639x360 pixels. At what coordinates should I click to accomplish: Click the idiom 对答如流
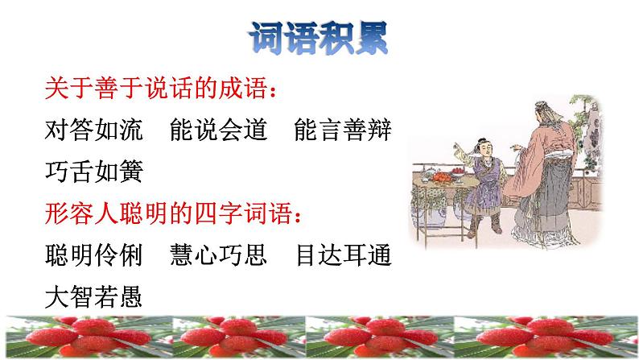coord(93,130)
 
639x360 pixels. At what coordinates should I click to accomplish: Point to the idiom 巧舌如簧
coord(93,173)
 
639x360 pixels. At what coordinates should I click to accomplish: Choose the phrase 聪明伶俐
coord(93,256)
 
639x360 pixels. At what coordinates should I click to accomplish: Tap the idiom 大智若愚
coord(93,299)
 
